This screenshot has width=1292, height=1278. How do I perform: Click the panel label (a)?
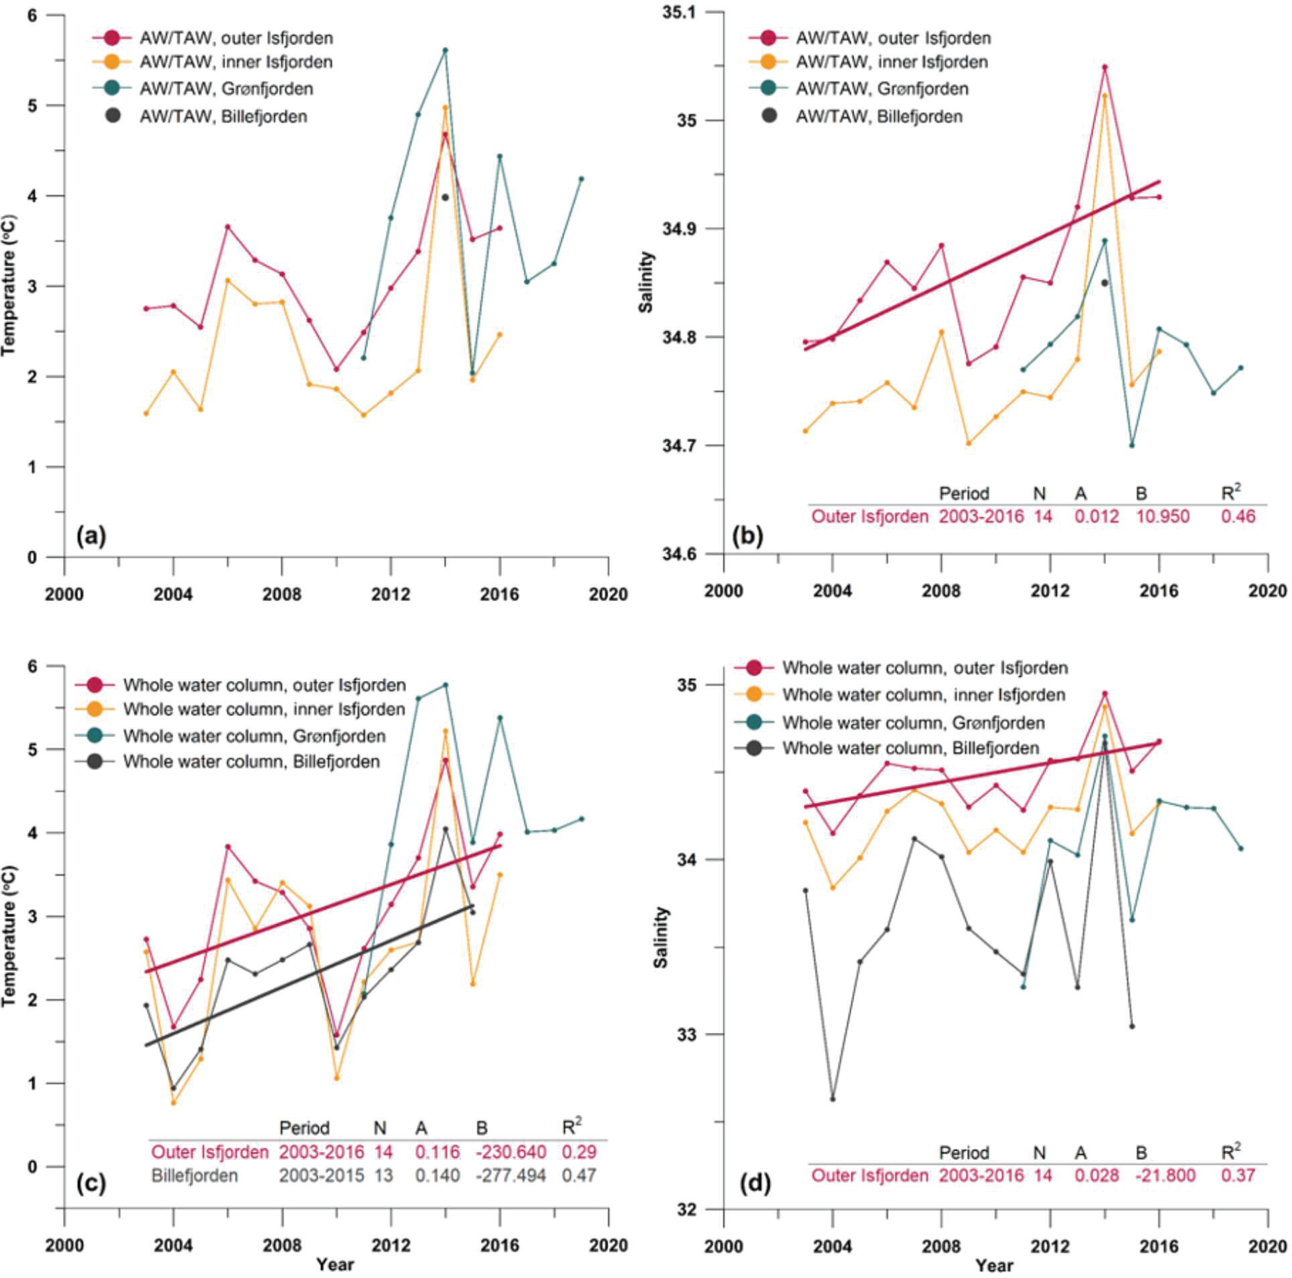coord(92,536)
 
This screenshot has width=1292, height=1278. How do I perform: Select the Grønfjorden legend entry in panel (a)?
coord(226,89)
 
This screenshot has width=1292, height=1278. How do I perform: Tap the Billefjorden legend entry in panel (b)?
coord(878,116)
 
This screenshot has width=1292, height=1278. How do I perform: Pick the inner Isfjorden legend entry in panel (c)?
coord(264,709)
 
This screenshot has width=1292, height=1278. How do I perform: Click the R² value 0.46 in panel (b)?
coord(1238,516)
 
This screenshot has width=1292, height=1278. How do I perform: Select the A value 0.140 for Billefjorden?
coord(437,1175)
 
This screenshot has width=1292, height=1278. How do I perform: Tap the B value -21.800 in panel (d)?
coord(1165,1175)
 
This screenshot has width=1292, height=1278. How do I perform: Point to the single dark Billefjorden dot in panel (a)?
coord(445,197)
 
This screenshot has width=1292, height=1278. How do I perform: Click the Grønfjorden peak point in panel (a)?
coord(445,50)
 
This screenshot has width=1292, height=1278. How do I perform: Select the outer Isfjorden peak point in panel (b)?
coord(1105,67)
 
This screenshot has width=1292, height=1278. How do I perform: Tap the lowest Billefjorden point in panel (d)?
coord(832,1099)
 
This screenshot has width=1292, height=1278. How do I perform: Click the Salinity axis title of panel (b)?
coord(646,281)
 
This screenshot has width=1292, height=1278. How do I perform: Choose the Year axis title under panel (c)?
coord(335,1264)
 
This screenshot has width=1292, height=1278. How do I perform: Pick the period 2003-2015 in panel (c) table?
coord(322,1175)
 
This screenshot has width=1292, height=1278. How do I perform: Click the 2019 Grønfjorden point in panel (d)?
coord(1240,849)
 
